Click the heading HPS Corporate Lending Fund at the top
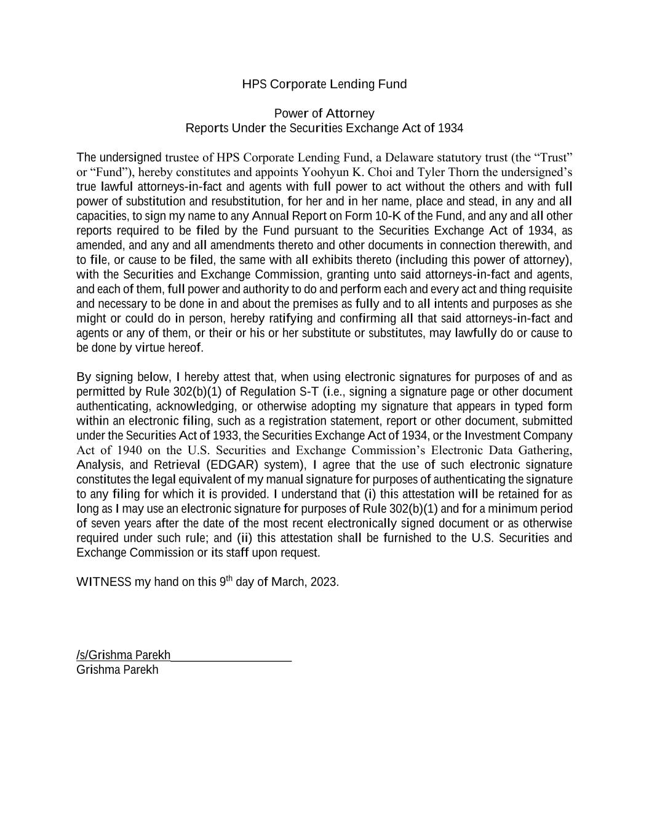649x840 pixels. [324, 84]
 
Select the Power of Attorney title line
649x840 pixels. [324, 114]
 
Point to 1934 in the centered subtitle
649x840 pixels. [450, 129]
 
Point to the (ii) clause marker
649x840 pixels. [245, 538]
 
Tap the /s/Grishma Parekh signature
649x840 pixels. [124, 655]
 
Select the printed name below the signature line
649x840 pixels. [117, 670]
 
